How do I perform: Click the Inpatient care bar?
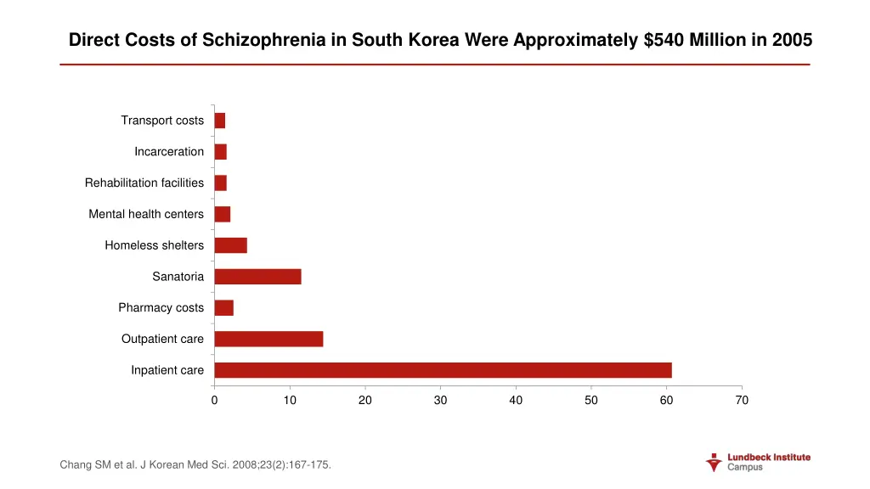click(443, 370)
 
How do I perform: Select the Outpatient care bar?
click(268, 339)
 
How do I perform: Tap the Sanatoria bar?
click(257, 277)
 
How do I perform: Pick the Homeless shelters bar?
click(230, 245)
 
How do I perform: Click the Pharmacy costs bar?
click(223, 307)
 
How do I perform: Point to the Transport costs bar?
click(219, 121)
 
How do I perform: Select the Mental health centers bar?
click(222, 214)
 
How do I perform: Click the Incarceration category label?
click(168, 152)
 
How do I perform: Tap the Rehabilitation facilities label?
click(144, 183)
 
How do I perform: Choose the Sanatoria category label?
click(178, 277)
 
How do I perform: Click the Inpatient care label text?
click(167, 370)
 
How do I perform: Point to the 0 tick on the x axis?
click(214, 401)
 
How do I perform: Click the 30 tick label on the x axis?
click(440, 401)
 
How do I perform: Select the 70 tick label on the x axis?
click(742, 401)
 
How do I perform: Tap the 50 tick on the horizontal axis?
click(591, 401)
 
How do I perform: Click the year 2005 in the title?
click(793, 40)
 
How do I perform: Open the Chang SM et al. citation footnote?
click(195, 464)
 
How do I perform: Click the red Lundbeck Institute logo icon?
click(714, 463)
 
